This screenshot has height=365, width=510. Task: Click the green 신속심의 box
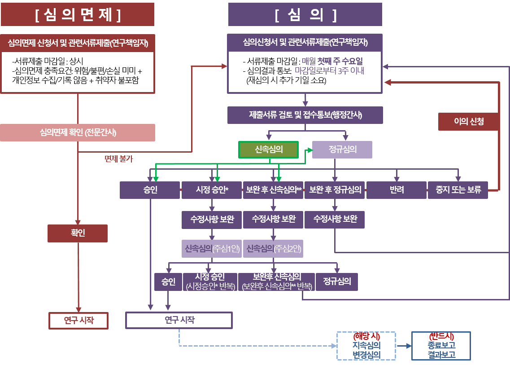click(x=268, y=150)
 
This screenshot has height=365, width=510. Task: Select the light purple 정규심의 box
click(x=342, y=150)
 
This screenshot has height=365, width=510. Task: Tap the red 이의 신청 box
click(x=468, y=121)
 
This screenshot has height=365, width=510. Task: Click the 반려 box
click(x=397, y=190)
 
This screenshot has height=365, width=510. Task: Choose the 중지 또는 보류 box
click(x=458, y=190)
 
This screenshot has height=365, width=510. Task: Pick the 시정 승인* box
click(x=212, y=190)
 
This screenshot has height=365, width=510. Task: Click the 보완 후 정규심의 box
click(x=335, y=190)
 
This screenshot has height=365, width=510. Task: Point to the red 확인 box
click(x=78, y=233)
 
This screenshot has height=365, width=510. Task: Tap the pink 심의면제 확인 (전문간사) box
click(x=78, y=132)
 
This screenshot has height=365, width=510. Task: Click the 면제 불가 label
click(x=118, y=158)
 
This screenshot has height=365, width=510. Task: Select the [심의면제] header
click(x=78, y=14)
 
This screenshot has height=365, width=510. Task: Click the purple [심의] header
click(x=305, y=14)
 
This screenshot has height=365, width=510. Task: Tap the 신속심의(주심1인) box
click(x=212, y=248)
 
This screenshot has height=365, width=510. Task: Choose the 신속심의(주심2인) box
click(x=273, y=248)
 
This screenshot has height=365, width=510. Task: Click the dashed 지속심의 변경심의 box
click(x=366, y=346)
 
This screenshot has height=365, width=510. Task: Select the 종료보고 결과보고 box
click(x=441, y=346)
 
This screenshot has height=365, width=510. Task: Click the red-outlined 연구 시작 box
click(x=78, y=321)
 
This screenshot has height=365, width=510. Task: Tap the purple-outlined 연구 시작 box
click(x=179, y=320)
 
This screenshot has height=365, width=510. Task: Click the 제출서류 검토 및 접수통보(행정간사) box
click(x=305, y=115)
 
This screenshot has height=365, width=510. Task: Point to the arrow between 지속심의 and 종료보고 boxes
click(x=404, y=346)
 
